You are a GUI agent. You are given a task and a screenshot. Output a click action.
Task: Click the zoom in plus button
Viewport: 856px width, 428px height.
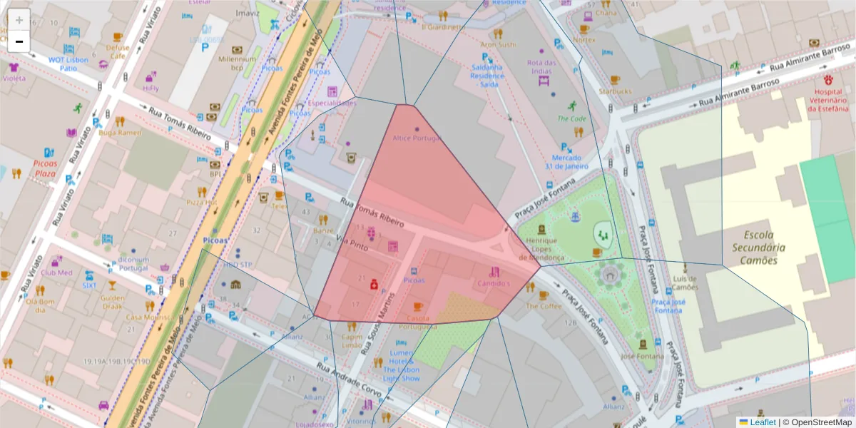(x=19, y=20)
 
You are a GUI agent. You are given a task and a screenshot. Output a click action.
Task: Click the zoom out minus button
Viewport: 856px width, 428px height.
(x=19, y=41)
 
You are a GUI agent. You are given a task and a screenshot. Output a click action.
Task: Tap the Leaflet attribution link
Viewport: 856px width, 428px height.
(x=761, y=422)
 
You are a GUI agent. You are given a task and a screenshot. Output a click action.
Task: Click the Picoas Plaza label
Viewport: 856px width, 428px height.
(x=44, y=168)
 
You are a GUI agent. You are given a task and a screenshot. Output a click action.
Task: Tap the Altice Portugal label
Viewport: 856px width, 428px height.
(x=417, y=138)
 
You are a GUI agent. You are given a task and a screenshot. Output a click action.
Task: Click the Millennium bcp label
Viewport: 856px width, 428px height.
(x=237, y=63)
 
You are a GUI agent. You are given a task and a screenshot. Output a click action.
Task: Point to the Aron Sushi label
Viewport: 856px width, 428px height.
(x=503, y=44)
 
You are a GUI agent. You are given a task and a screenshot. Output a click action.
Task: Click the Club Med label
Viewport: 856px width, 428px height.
(x=56, y=272)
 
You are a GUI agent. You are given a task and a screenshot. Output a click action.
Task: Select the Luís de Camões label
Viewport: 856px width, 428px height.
(x=686, y=282)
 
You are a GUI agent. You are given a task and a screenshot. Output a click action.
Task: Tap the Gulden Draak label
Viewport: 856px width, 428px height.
(x=113, y=302)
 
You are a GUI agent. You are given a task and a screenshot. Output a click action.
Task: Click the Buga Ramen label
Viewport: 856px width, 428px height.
(x=120, y=133)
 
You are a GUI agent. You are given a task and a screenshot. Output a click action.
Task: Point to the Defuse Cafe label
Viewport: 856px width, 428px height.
(x=118, y=51)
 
